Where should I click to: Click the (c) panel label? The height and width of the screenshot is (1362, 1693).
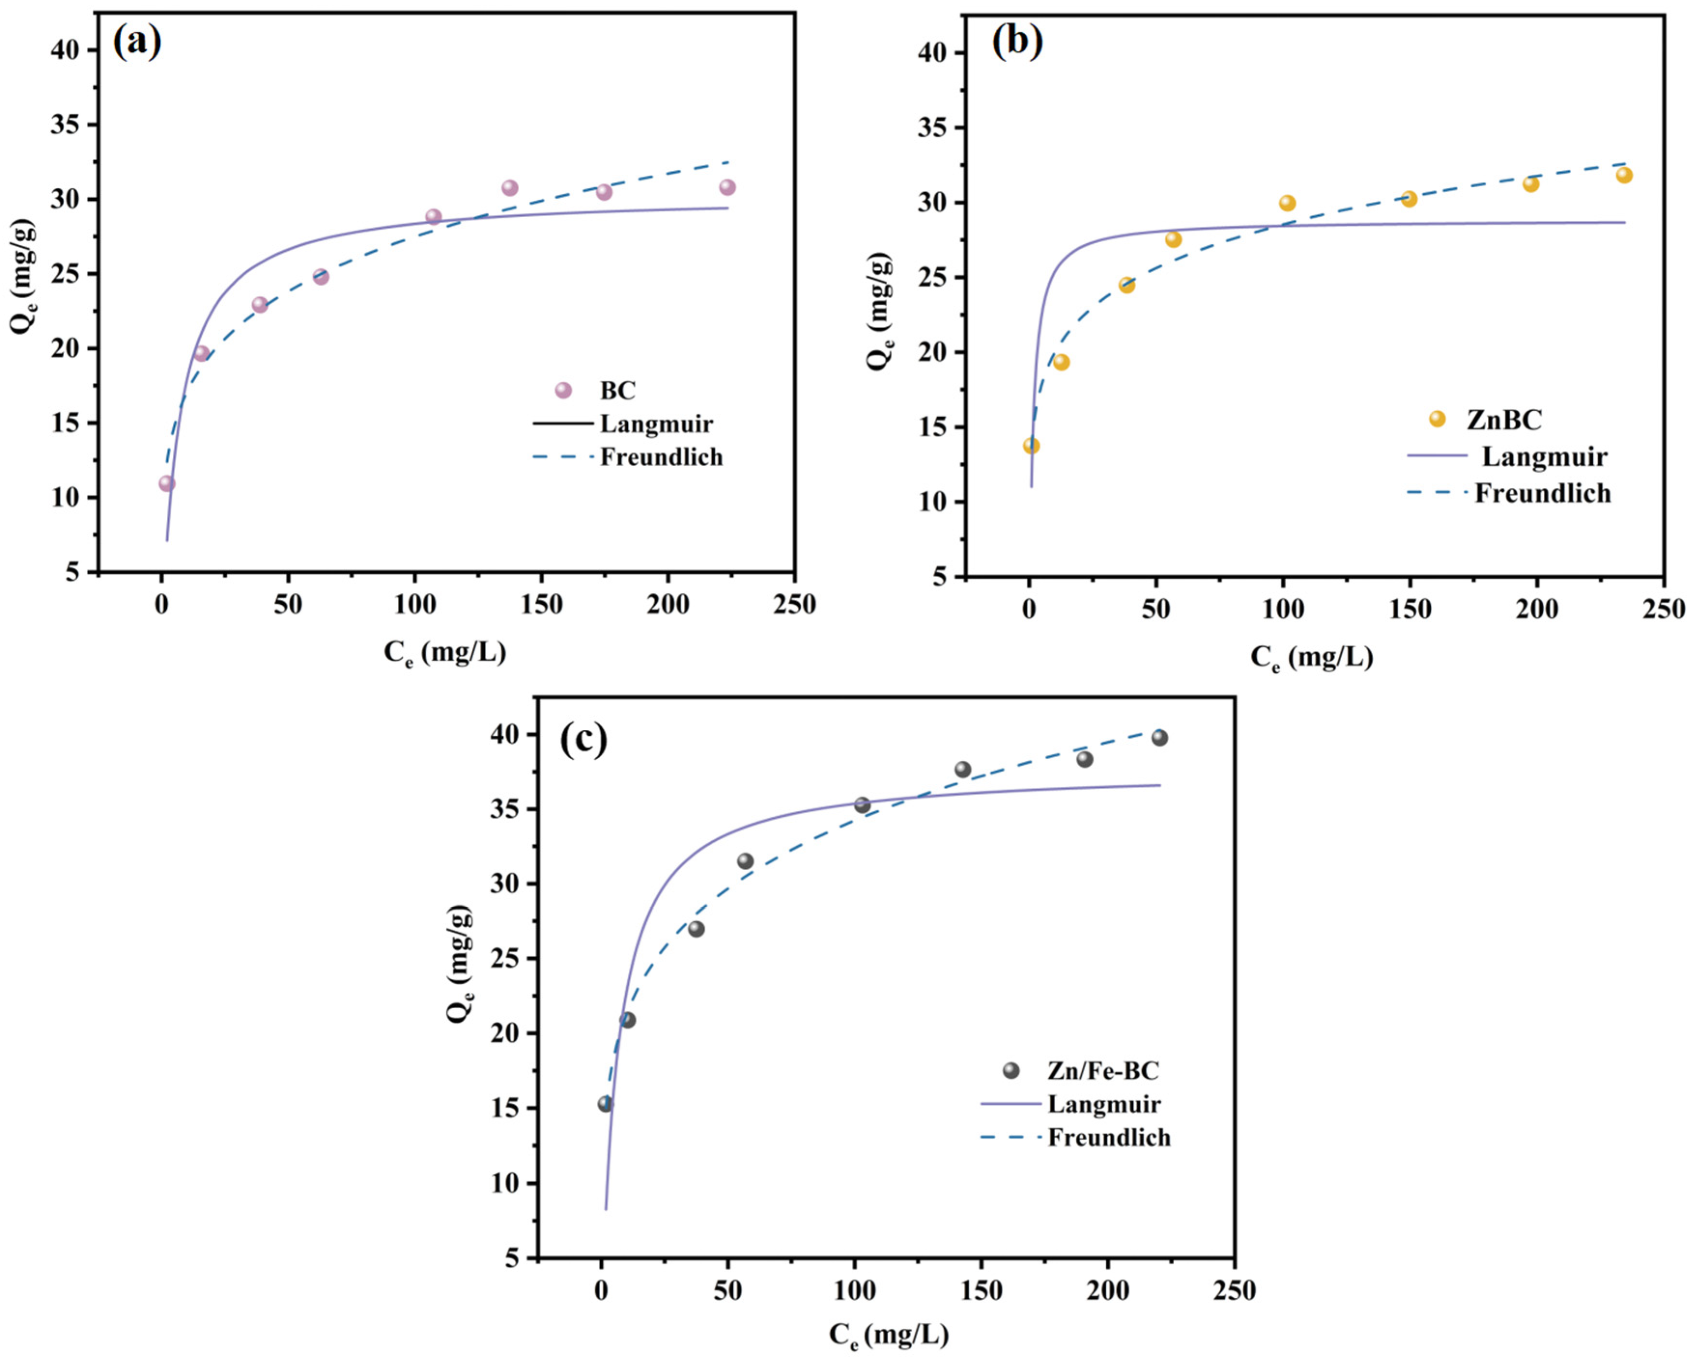point(583,739)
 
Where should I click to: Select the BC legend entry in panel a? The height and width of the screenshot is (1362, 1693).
point(617,390)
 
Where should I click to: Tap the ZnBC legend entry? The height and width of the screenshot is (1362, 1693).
point(1503,419)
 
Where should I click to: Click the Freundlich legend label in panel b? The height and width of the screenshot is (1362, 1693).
point(1542,493)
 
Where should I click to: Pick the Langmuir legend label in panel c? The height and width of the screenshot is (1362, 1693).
point(1103,1104)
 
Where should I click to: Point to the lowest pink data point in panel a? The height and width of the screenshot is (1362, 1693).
point(167,484)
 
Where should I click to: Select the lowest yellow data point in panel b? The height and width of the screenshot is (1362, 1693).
point(1031,446)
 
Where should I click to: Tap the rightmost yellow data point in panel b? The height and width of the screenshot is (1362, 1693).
point(1624,175)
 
